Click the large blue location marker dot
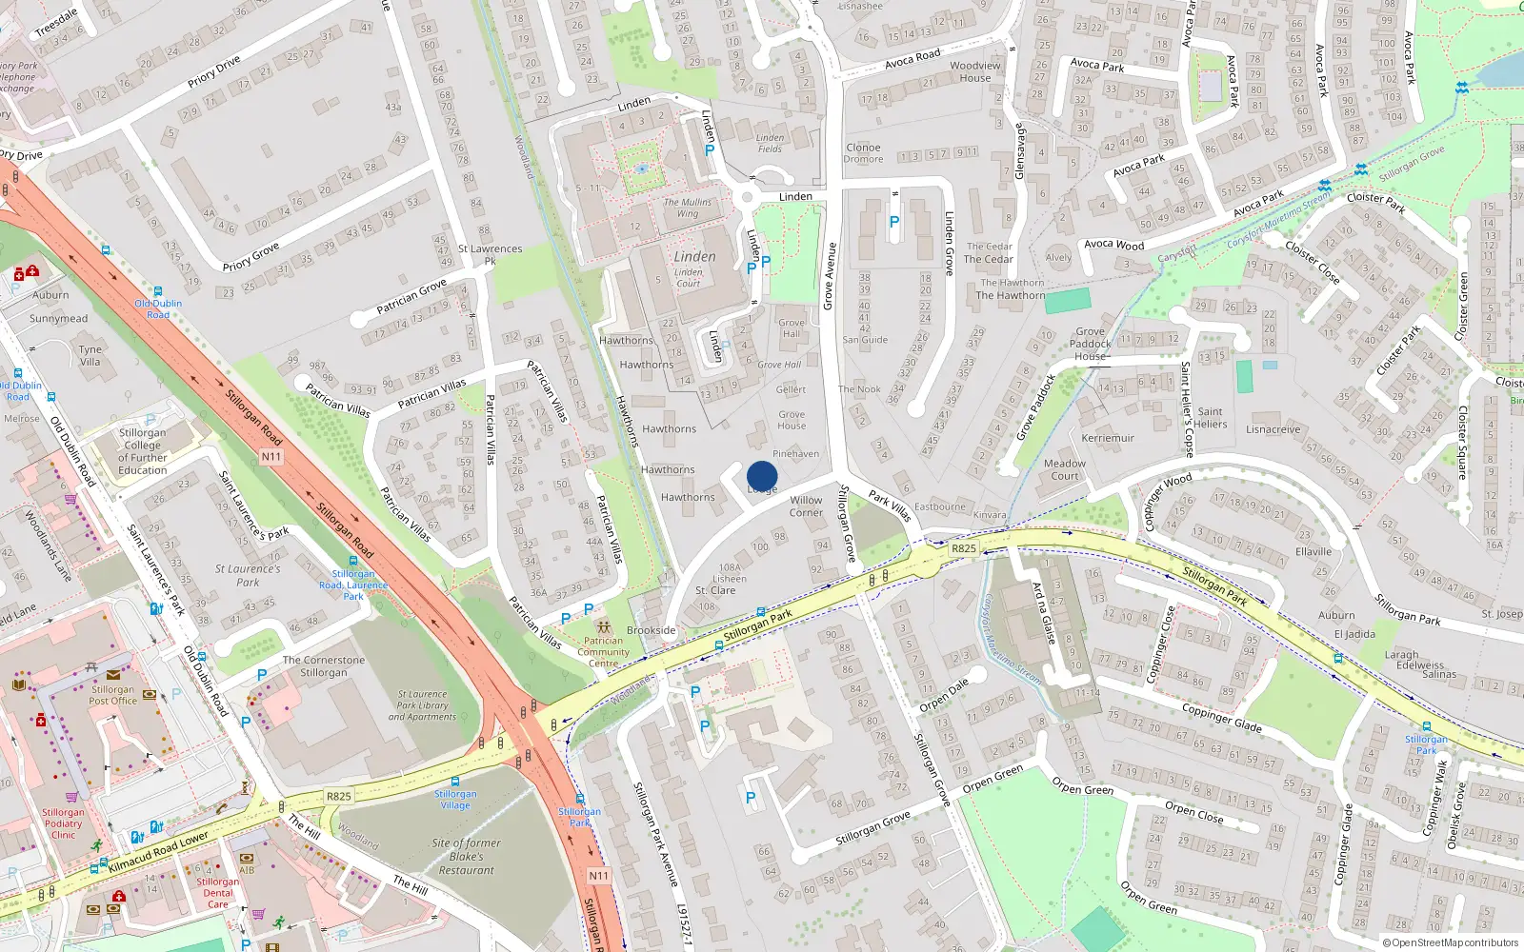click(762, 476)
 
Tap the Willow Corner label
click(806, 506)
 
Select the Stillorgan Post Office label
click(112, 695)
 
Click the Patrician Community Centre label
click(603, 652)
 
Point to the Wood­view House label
click(975, 71)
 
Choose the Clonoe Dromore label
click(863, 153)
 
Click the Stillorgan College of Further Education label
click(143, 451)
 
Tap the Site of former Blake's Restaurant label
click(466, 856)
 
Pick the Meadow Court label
click(1065, 469)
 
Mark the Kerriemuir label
click(1108, 439)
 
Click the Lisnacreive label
click(1273, 429)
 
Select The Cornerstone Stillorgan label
click(324, 666)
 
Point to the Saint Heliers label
click(1211, 418)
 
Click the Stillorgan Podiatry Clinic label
click(63, 823)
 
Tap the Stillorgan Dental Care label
click(218, 893)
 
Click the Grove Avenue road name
click(829, 276)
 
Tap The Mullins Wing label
click(688, 208)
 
